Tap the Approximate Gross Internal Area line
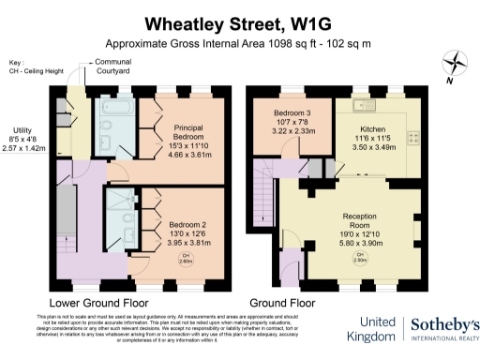(x=239, y=43)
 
